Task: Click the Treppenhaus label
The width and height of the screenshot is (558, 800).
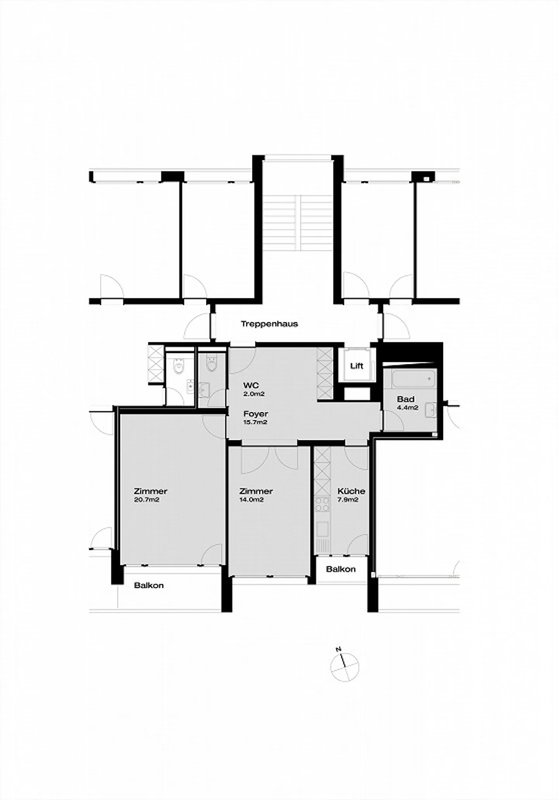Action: pyautogui.click(x=269, y=324)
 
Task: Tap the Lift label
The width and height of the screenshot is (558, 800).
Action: pyautogui.click(x=356, y=366)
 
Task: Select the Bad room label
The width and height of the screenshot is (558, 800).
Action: pyautogui.click(x=406, y=399)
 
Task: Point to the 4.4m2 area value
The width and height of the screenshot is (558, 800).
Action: pyautogui.click(x=408, y=408)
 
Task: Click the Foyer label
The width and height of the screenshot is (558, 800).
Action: pyautogui.click(x=256, y=414)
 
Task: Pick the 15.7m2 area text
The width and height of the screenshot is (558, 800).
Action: pyautogui.click(x=255, y=423)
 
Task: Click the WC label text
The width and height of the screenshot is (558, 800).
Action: pyautogui.click(x=251, y=385)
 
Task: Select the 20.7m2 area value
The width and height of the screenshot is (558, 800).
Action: pyautogui.click(x=147, y=500)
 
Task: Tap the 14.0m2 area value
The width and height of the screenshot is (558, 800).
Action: pyautogui.click(x=252, y=500)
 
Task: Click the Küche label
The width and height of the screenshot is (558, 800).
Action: pyautogui.click(x=351, y=491)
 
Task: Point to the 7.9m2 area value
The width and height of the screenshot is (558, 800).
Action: pyautogui.click(x=348, y=500)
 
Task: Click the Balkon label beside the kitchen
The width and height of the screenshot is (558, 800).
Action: pyautogui.click(x=341, y=569)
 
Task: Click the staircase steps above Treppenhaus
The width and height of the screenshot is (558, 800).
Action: pyautogui.click(x=298, y=222)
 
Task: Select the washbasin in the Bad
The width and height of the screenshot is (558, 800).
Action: pyautogui.click(x=432, y=409)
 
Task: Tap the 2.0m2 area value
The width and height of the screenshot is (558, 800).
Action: pyautogui.click(x=254, y=394)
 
